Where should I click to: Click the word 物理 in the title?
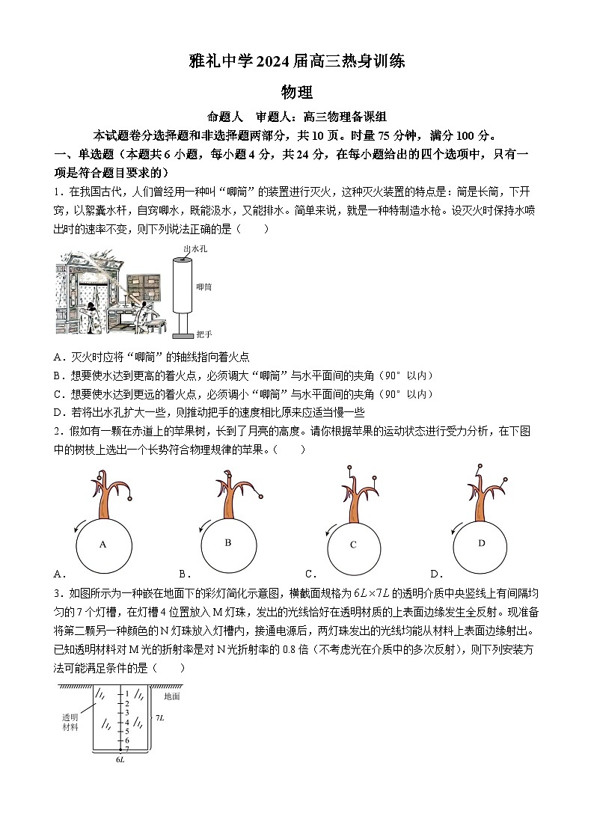click(296, 92)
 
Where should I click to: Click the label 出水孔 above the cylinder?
click(195, 248)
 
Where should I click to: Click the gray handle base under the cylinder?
click(182, 334)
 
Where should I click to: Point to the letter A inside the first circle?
click(102, 545)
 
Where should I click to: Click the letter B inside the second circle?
click(228, 542)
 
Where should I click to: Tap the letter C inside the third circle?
click(353, 545)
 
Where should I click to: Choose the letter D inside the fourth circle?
click(481, 542)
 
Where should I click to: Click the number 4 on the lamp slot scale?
click(127, 722)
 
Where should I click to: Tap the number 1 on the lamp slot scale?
click(127, 694)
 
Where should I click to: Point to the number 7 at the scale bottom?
click(127, 748)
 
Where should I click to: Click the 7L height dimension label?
click(160, 718)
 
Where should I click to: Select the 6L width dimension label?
click(120, 759)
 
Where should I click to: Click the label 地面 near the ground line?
click(171, 696)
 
